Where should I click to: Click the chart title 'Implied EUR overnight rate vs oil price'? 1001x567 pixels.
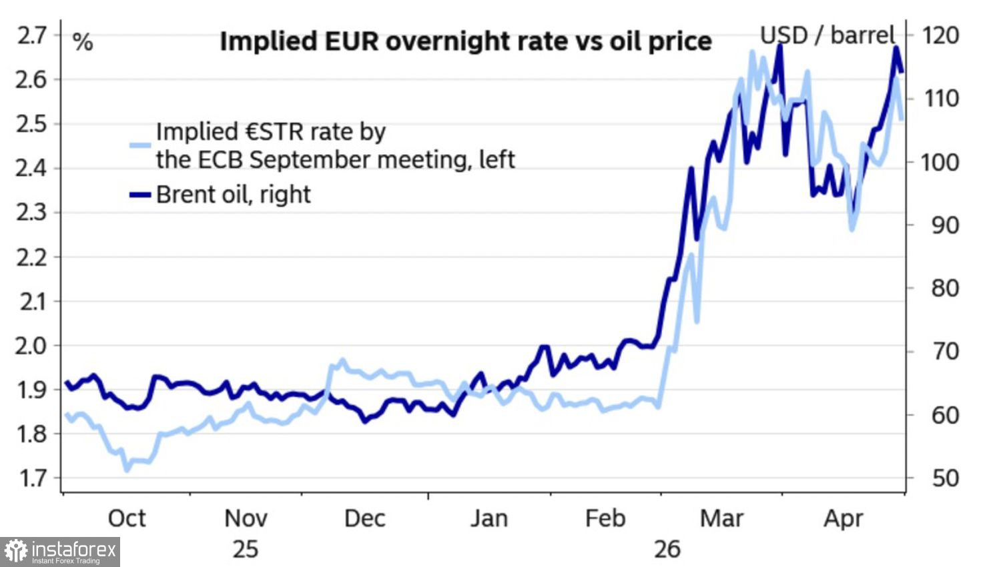pos(466,41)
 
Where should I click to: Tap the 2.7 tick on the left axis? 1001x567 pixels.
pos(32,36)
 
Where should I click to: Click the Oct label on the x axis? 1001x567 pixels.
pos(127,519)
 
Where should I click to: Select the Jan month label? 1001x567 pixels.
pos(489,519)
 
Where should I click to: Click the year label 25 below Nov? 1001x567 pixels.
pos(246,550)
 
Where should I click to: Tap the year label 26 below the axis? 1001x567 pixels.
pos(667,550)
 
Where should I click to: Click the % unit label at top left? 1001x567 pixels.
pos(83,43)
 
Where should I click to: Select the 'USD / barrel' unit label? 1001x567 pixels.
pos(828,35)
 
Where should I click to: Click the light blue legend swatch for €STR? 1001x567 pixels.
pos(140,145)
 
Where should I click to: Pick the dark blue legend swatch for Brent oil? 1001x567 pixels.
pos(140,195)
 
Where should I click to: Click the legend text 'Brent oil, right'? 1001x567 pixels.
pos(234,195)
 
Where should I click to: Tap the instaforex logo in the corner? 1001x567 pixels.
pos(60,552)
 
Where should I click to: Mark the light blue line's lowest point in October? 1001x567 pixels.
pos(127,470)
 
